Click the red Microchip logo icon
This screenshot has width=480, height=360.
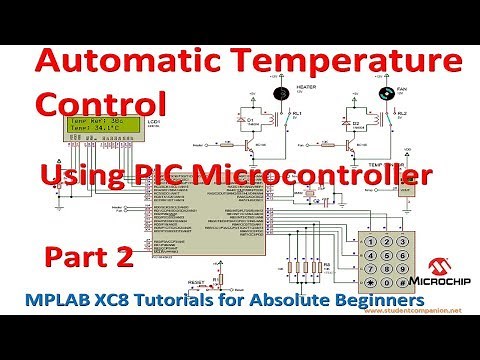pyautogui.click(x=437, y=264)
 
